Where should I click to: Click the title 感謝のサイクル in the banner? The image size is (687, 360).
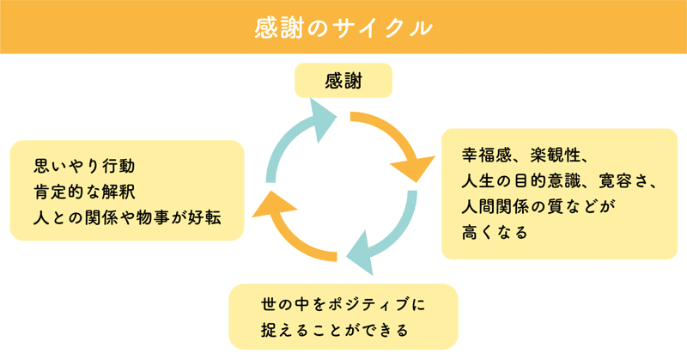click(343, 27)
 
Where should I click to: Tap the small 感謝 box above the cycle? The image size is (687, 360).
click(343, 80)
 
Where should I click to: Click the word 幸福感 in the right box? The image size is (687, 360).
click(486, 156)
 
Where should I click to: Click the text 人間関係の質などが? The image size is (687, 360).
click(538, 206)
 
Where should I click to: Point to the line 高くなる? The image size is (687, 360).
click(495, 232)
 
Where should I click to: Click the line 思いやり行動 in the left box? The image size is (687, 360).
click(84, 166)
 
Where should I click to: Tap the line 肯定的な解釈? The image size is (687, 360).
click(84, 192)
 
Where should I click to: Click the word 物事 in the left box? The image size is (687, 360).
click(153, 217)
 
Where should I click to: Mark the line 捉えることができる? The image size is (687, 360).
click(335, 330)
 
